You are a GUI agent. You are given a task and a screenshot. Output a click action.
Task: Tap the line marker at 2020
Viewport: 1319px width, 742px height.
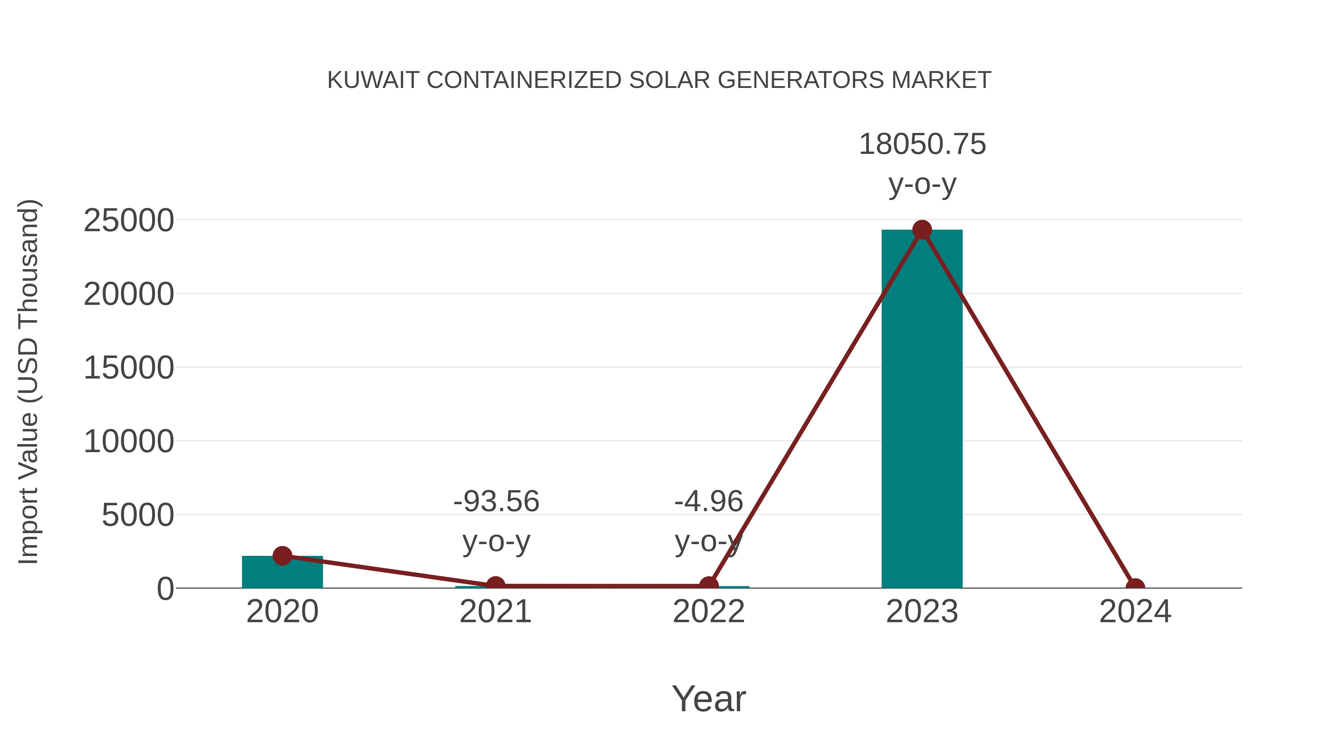(x=282, y=555)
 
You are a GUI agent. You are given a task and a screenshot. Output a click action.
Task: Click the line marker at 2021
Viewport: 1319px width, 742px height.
(x=495, y=585)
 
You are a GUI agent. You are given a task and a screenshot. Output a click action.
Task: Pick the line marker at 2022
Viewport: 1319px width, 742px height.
(x=709, y=585)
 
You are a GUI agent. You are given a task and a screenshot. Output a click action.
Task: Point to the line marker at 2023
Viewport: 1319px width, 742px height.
(x=922, y=230)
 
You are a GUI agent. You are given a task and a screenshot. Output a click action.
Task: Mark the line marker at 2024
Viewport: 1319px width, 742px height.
(x=1135, y=587)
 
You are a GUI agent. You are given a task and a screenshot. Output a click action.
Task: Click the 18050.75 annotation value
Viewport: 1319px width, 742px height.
(x=922, y=144)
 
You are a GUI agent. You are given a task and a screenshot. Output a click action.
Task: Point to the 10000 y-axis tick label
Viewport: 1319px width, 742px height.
(x=129, y=442)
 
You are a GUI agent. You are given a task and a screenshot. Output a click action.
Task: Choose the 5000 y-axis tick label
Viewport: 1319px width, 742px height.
(x=137, y=515)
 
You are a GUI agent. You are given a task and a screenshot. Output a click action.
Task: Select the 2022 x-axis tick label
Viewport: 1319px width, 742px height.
(x=709, y=612)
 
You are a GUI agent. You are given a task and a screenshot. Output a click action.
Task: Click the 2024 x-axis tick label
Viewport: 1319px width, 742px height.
(x=1135, y=612)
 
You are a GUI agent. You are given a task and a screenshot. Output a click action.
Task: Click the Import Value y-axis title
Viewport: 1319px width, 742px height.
(x=28, y=381)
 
